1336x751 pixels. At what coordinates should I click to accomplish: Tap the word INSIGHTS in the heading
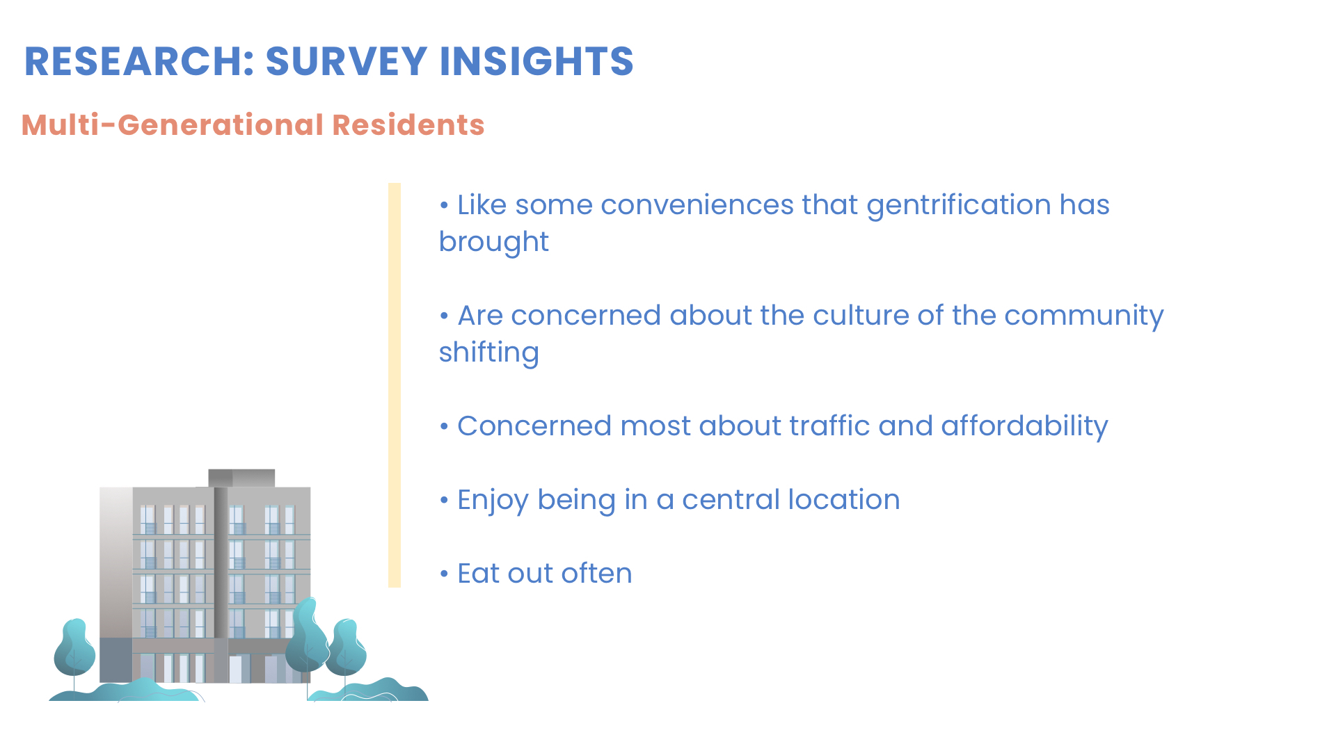(x=536, y=61)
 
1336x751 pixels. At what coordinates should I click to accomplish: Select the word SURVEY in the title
(x=346, y=61)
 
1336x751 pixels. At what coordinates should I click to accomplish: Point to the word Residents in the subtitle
(x=408, y=125)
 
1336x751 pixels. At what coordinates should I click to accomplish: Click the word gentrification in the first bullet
(x=958, y=206)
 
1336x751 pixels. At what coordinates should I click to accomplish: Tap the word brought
(x=493, y=243)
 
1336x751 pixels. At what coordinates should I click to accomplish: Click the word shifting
(x=488, y=353)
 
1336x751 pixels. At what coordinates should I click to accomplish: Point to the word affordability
(x=1024, y=427)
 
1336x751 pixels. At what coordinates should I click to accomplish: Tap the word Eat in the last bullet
(x=478, y=574)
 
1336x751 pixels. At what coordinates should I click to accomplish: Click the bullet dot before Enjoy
(x=444, y=501)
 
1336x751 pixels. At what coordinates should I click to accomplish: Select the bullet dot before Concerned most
(x=444, y=428)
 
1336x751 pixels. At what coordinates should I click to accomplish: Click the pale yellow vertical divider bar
(x=395, y=385)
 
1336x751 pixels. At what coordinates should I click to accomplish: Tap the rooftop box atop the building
(x=241, y=478)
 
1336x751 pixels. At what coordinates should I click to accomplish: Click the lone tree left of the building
(x=74, y=651)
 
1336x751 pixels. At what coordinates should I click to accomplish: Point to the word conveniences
(x=697, y=206)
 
